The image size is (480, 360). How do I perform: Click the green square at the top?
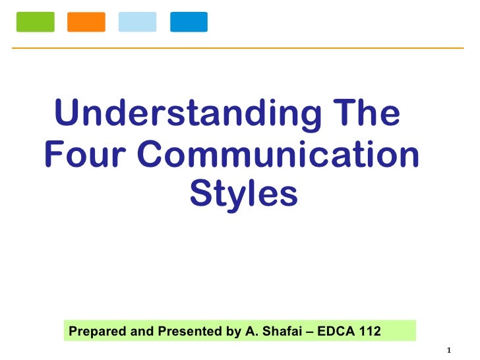coord(34,22)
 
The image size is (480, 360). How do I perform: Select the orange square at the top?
coord(86,22)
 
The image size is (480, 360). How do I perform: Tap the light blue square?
coord(137,22)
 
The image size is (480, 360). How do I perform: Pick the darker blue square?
coord(189,22)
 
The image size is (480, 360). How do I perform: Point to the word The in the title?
coord(366,113)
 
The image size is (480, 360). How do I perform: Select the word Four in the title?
coord(84,155)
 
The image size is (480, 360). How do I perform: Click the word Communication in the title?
coord(278,155)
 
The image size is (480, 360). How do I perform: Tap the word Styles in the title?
coord(243,195)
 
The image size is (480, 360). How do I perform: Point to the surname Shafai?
coord(278,331)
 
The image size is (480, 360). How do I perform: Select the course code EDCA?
coord(335,331)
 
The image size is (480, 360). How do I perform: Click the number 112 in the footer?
coord(369,331)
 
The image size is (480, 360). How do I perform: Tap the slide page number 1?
coord(448,349)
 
